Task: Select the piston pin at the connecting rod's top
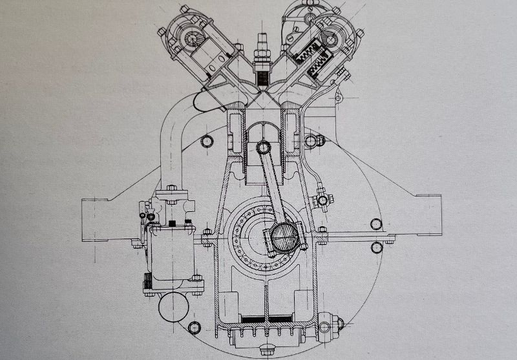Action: pyautogui.click(x=264, y=147)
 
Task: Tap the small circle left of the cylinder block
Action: pyautogui.click(x=207, y=142)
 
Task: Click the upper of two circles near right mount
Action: pyautogui.click(x=375, y=224)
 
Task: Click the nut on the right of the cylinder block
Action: pyautogui.click(x=317, y=140)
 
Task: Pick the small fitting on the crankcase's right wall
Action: pyautogui.click(x=322, y=200)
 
